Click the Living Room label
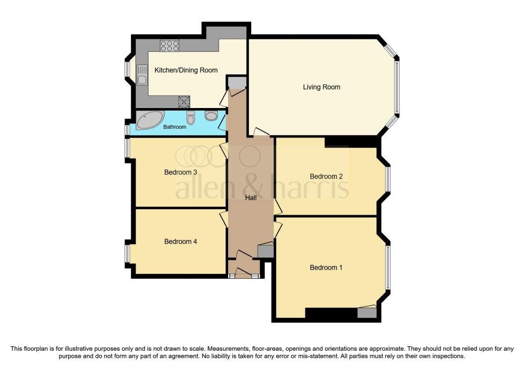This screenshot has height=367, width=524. tap(322, 87)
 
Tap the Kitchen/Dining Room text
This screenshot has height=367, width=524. tap(186, 70)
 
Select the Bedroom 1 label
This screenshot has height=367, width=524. tap(326, 268)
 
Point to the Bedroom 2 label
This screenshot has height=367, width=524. tap(326, 176)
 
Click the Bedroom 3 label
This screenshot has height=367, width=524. tap(180, 172)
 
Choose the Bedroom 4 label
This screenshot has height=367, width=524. tap(180, 241)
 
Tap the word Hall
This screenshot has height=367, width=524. tap(251, 198)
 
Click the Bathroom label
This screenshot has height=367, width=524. tap(174, 127)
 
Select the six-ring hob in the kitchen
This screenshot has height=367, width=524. tap(169, 46)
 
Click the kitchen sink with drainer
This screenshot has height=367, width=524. tap(142, 75)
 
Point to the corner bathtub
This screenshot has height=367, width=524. tap(150, 120)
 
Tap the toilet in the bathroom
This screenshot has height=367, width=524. tap(191, 118)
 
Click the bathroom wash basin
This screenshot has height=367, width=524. tap(211, 116)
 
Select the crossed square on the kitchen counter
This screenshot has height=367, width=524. tap(184, 102)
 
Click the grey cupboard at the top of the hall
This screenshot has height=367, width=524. tap(237, 83)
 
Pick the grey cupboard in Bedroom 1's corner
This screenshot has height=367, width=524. tap(367, 313)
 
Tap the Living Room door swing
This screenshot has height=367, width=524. tap(261, 132)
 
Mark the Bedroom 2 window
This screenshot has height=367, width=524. tap(388, 179)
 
